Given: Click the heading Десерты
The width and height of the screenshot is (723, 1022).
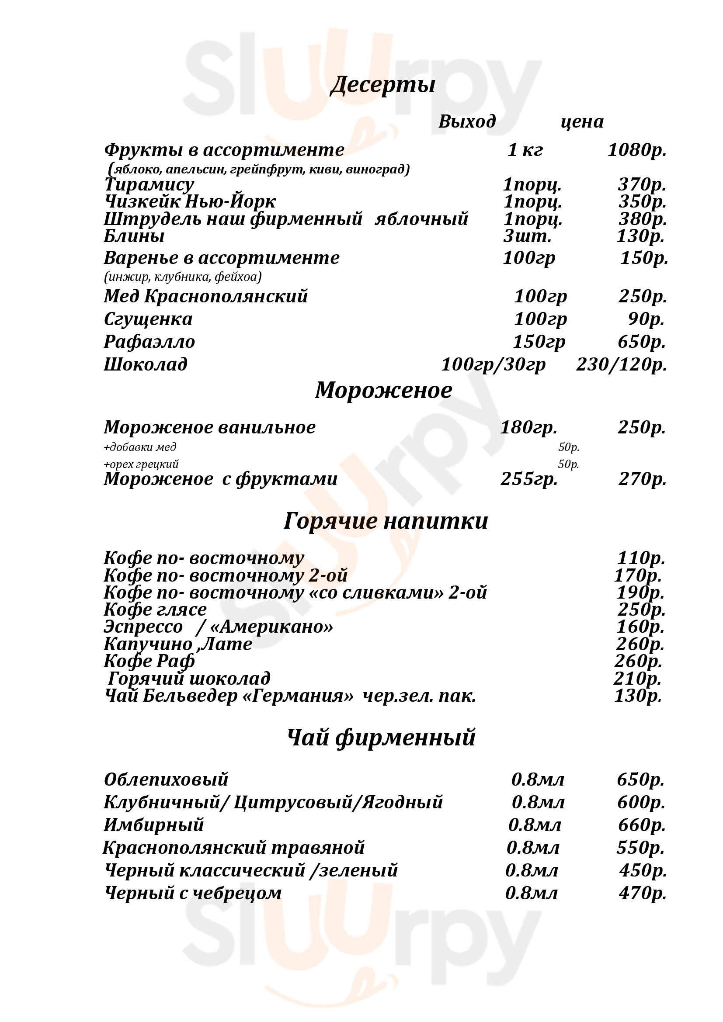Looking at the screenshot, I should [382, 85].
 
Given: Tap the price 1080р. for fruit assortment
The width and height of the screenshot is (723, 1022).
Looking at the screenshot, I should [636, 150].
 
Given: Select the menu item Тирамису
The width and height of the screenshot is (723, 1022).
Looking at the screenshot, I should [149, 184].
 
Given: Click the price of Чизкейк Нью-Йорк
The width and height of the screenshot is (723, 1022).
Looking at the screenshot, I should [642, 201].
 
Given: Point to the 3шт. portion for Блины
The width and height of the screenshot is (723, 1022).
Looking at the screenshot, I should [527, 236].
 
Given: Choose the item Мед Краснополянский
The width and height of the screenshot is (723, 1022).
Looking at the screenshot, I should [206, 296].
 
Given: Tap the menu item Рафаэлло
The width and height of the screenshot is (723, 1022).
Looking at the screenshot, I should [149, 342].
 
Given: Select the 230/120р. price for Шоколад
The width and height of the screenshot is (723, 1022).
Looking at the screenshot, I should [622, 364].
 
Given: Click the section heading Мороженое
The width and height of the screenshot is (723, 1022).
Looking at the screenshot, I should [383, 390].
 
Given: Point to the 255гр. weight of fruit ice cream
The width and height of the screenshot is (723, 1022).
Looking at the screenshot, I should [529, 479].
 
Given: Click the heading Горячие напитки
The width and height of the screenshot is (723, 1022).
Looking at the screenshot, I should [386, 521].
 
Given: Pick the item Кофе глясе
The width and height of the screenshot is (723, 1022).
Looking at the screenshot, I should [155, 610].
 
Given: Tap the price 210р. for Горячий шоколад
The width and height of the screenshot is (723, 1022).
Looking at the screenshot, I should [637, 679].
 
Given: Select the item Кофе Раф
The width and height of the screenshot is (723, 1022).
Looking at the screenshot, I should [149, 661].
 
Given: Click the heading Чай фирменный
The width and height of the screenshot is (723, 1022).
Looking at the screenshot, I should [381, 738].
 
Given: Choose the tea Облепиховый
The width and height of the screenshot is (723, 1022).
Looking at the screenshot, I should [166, 779].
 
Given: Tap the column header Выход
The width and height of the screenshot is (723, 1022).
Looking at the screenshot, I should [467, 121].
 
